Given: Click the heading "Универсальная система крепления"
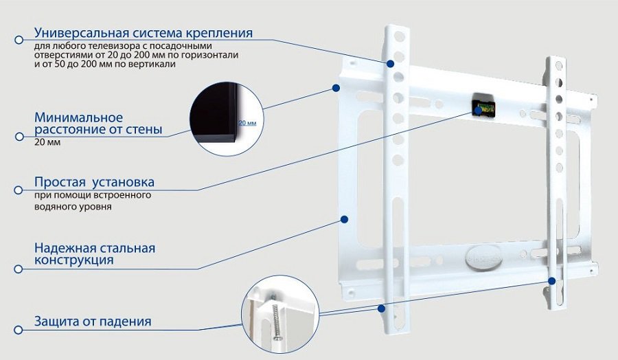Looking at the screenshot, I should click(x=144, y=33).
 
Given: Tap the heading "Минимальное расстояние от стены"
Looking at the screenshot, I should click(x=98, y=123).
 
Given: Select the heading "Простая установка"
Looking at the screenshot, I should click(x=94, y=183).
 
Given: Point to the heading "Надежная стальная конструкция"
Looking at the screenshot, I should click(x=95, y=254).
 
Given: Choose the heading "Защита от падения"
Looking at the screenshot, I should click(x=93, y=322).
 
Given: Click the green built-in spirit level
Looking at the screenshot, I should click(x=483, y=107).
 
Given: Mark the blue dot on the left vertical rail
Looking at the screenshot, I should click(x=390, y=64).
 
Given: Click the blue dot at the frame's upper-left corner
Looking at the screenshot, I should click(x=336, y=88).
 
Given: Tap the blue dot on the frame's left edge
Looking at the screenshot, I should click(x=345, y=220).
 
